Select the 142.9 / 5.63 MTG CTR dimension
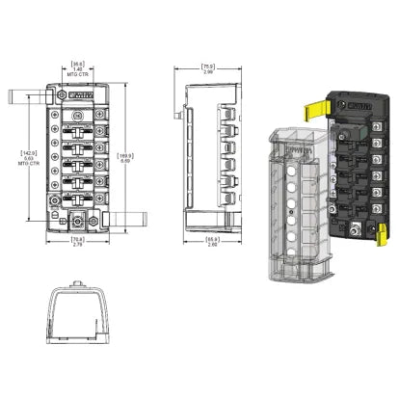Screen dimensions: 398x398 [28, 155]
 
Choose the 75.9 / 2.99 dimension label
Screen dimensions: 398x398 [208, 69]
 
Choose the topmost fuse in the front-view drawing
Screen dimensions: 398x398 [82, 123]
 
